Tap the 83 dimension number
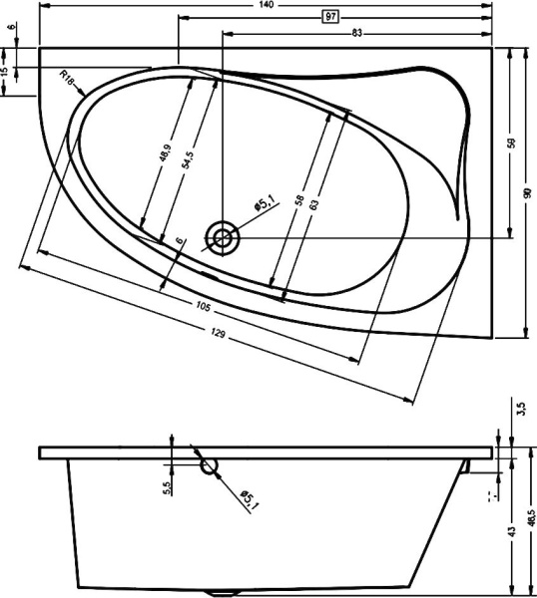point(355,33)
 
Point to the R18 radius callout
point(68,78)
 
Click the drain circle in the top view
point(222,237)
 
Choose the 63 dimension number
point(314,204)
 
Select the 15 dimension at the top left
point(7,73)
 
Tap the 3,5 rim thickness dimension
point(520,410)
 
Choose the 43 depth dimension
point(512,532)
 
